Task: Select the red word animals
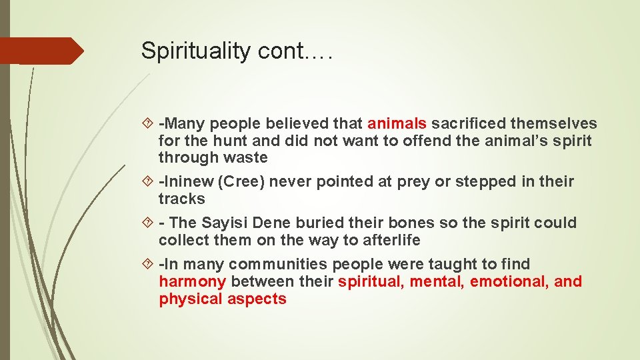[x=397, y=123]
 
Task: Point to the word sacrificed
[x=471, y=123]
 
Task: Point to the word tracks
[x=182, y=199]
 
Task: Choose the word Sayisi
[x=227, y=223]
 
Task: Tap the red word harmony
[x=193, y=282]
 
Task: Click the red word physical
[x=190, y=299]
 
